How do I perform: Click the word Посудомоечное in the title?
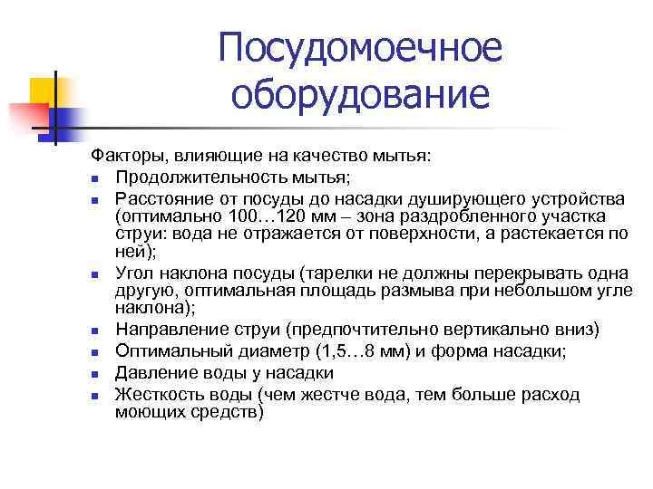click(359, 49)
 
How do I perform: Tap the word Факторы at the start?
click(127, 156)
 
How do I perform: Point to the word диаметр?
click(273, 351)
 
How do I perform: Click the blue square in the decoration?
click(63, 118)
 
